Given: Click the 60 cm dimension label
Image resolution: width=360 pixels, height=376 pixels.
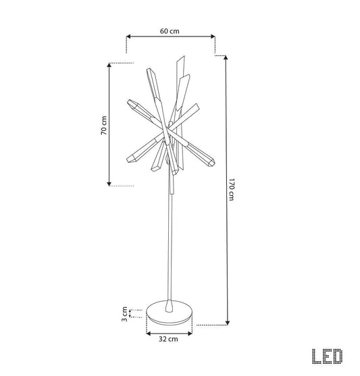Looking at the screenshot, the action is click(x=170, y=31).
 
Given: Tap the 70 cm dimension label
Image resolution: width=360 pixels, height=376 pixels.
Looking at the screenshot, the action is click(x=104, y=125).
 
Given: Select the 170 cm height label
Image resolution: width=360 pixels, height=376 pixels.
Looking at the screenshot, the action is click(x=231, y=190).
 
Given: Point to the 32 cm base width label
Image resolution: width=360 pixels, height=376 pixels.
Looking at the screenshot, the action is click(x=168, y=339).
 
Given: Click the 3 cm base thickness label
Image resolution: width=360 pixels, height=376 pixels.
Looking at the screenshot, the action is click(x=124, y=314).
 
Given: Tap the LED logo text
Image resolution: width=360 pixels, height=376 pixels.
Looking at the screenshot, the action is click(x=328, y=356).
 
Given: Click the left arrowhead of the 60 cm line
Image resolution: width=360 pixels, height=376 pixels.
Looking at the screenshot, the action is click(x=128, y=36).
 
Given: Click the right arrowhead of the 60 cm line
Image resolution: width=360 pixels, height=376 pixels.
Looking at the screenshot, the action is click(x=213, y=36).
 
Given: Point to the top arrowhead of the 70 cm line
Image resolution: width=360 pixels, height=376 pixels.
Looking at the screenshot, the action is click(x=109, y=65).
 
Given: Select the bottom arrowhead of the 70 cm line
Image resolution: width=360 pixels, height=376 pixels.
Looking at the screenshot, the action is click(x=109, y=184).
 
